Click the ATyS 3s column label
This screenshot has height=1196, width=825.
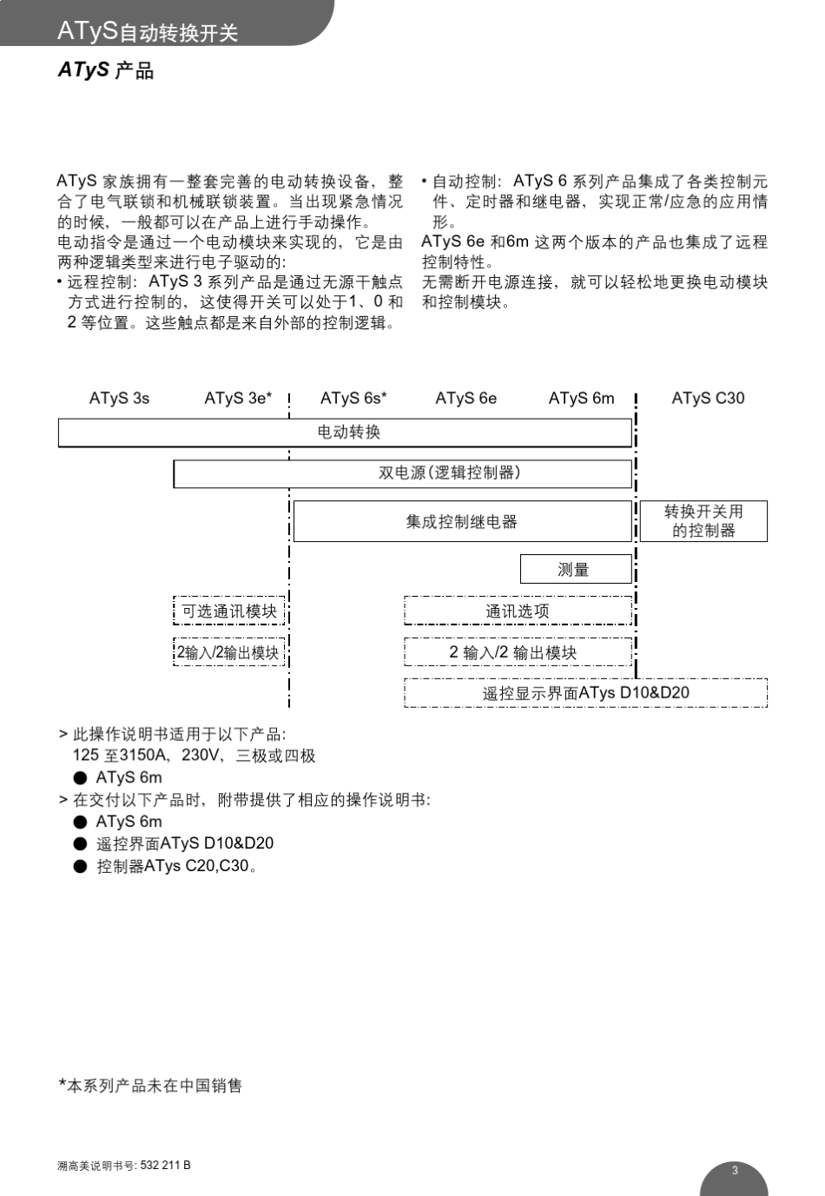coord(119,399)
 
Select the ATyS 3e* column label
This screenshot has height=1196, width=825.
coord(238,399)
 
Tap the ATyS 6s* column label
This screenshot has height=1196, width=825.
coord(353,399)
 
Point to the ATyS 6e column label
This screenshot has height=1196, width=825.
coord(466,399)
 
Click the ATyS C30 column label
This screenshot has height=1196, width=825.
coord(708,399)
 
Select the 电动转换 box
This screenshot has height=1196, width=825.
coord(345,433)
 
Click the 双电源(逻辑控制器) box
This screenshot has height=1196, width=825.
coord(402,473)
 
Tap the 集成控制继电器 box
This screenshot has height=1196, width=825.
coord(462,521)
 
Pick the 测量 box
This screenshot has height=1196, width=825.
coord(575,569)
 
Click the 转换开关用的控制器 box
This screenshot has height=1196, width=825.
coord(703,521)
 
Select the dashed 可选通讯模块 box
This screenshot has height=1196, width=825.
coord(229,611)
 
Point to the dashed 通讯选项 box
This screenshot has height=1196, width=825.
coord(518,611)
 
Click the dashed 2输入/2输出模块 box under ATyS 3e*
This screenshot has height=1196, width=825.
coord(229,652)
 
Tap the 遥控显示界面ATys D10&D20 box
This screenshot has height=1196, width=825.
coord(585,693)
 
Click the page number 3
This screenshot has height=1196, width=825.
coord(735,1170)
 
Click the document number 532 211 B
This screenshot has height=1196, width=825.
coord(165,1166)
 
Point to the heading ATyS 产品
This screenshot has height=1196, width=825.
coord(106,69)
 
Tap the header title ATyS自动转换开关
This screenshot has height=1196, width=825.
coord(148,31)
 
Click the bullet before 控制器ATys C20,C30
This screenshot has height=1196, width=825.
coord(81,866)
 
